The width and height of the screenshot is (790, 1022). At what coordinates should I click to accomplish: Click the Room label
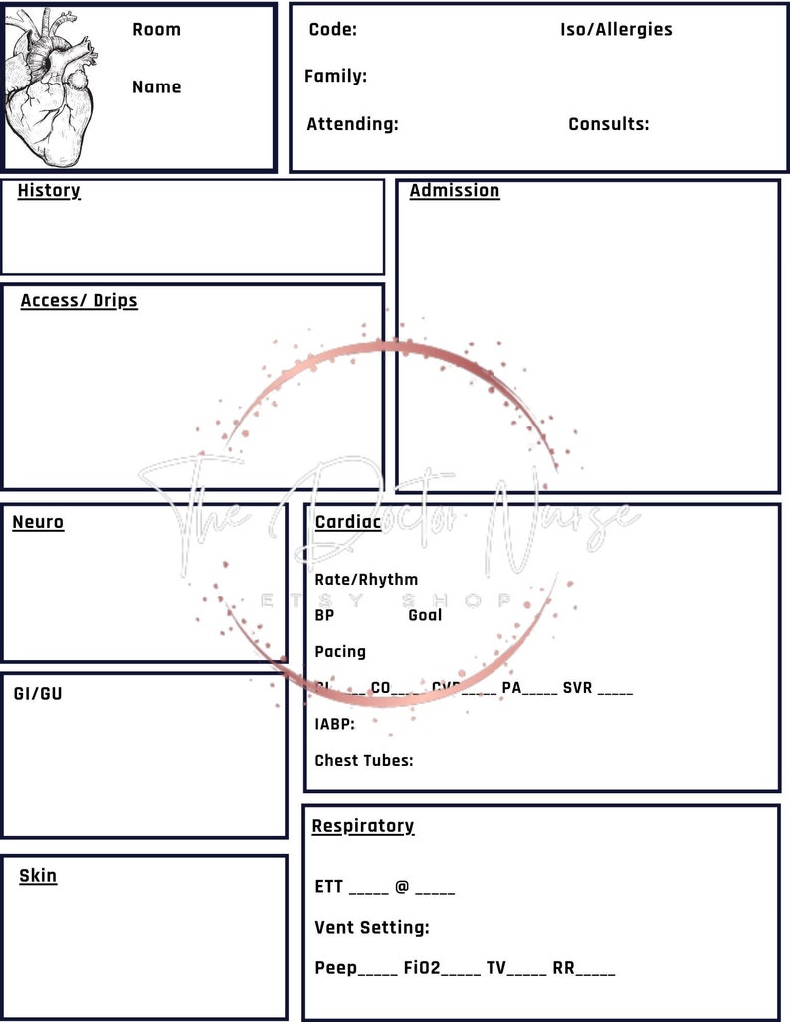[x=156, y=29]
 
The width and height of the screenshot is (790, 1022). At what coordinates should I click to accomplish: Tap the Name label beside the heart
[x=156, y=86]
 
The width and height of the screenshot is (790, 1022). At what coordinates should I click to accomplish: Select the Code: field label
[x=332, y=29]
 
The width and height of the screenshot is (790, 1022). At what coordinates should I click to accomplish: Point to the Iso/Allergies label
[x=616, y=29]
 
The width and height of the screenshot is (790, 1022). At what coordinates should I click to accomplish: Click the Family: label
[x=335, y=76]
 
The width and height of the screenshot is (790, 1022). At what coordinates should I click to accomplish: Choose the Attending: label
[x=352, y=124]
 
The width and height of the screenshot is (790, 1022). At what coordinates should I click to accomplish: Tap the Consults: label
[x=608, y=124]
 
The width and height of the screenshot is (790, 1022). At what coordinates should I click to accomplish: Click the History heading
[x=48, y=190]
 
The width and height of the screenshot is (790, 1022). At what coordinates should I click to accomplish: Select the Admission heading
[x=454, y=190]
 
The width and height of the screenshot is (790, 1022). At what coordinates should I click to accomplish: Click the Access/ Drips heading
[x=79, y=300]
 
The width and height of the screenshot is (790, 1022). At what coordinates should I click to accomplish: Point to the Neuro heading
[x=38, y=522]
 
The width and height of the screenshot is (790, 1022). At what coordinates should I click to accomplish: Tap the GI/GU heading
[x=37, y=693]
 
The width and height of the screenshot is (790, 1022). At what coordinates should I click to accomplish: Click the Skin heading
[x=38, y=876]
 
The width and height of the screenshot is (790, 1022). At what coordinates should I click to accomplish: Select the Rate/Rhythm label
[x=366, y=579]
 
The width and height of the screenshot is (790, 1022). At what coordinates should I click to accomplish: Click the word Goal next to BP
[x=425, y=615]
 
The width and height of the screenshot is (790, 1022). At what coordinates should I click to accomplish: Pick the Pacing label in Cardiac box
[x=340, y=652]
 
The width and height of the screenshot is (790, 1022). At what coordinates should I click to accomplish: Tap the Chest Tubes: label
[x=364, y=761]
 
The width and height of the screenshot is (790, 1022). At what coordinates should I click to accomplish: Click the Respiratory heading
[x=362, y=826]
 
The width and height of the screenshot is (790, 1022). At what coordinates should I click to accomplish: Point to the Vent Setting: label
[x=372, y=928]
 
